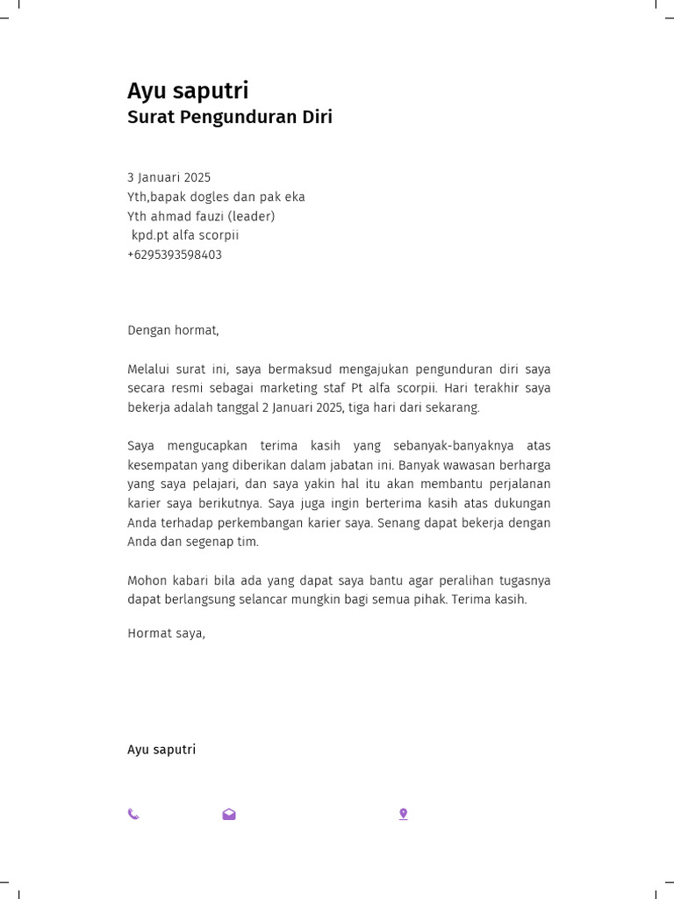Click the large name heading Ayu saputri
[188, 91]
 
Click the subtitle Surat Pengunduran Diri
[230, 118]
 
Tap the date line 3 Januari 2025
[169, 177]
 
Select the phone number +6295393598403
[175, 255]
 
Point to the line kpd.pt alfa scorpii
[185, 235]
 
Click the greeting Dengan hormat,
[173, 330]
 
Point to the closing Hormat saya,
[166, 632]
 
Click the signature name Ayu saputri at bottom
[161, 750]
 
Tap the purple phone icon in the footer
[133, 814]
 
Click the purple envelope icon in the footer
[229, 814]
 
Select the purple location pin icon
[403, 814]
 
